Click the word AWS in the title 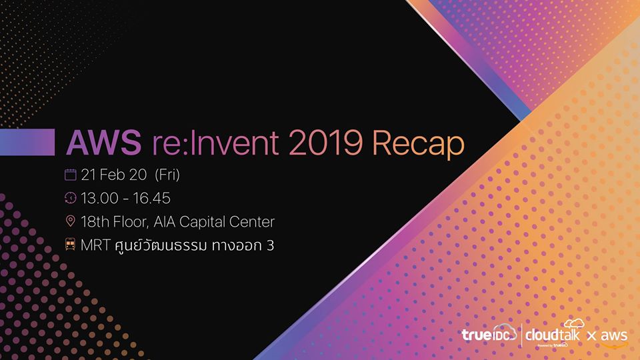(104, 143)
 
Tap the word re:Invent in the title (215, 143)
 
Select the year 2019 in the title (325, 143)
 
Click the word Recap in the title (419, 145)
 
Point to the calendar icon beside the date (70, 175)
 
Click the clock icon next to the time (70, 198)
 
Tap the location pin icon (70, 221)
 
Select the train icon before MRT (70, 245)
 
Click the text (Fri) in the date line (167, 175)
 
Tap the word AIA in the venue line (165, 221)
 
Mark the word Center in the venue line (251, 221)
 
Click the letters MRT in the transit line (95, 245)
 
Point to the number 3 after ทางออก (270, 245)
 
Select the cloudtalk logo (553, 333)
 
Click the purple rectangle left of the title (27, 143)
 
